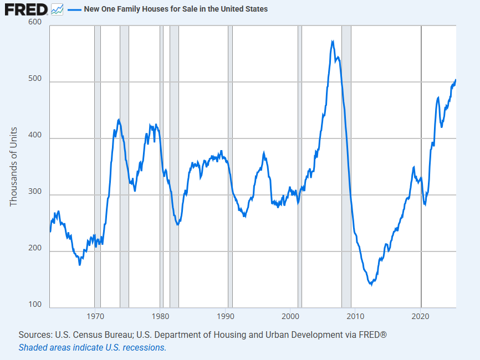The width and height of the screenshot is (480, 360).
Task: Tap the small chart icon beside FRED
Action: coord(57,9)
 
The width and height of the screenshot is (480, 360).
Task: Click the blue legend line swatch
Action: coord(74,9)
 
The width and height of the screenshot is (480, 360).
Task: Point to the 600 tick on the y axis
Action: coord(34,22)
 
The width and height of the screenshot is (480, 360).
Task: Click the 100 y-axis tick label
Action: coord(34,305)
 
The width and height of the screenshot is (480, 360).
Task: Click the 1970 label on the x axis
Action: coord(95,317)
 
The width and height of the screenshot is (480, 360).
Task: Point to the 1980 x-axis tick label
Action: coord(160,317)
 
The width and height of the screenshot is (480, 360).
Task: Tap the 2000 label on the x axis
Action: coord(290,317)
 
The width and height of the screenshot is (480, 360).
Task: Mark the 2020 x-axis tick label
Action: coord(421,317)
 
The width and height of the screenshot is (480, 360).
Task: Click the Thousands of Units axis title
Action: coord(14,167)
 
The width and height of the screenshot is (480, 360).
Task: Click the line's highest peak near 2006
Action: coord(332,41)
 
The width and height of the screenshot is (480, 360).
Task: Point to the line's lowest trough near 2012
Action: coord(370,285)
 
